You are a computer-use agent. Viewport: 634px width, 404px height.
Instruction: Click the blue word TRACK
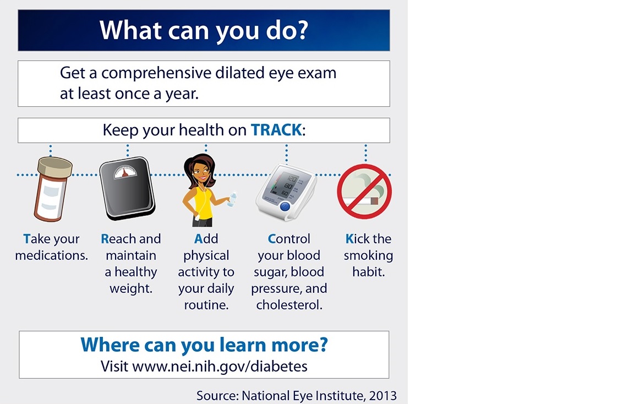pyautogui.click(x=276, y=130)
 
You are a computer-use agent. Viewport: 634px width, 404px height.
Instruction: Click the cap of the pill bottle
pyautogui.click(x=56, y=167)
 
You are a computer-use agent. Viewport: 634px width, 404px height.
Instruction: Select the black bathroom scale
pyautogui.click(x=127, y=188)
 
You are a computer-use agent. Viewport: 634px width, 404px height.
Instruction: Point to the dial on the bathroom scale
pyautogui.click(x=125, y=172)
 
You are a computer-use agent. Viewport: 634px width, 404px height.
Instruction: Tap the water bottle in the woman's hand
pyautogui.click(x=232, y=199)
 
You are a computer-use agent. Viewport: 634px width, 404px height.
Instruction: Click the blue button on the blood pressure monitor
pyautogui.click(x=285, y=206)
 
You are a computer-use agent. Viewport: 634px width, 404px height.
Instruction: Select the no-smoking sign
pyautogui.click(x=364, y=192)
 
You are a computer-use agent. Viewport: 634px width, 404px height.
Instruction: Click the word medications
pyautogui.click(x=51, y=255)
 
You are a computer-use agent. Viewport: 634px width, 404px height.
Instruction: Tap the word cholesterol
pyautogui.click(x=289, y=305)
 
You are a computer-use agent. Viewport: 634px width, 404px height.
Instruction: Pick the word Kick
pyautogui.click(x=357, y=239)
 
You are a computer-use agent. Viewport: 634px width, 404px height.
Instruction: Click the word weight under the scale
pyautogui.click(x=130, y=289)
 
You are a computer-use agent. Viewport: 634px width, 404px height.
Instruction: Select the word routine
pyautogui.click(x=206, y=305)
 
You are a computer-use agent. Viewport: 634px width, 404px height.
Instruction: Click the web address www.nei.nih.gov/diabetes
pyautogui.click(x=220, y=367)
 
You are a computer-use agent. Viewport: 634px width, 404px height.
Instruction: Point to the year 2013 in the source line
pyautogui.click(x=382, y=395)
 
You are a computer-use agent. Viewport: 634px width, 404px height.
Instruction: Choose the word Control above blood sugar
pyautogui.click(x=289, y=239)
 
